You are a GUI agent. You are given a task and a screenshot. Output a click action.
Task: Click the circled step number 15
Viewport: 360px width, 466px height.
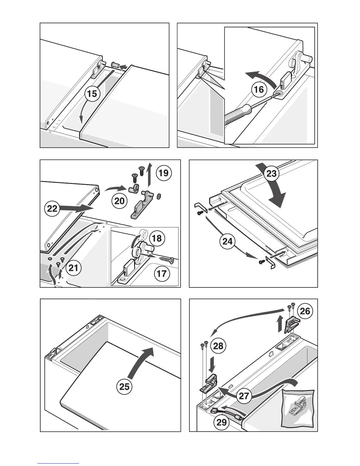tap(92, 94)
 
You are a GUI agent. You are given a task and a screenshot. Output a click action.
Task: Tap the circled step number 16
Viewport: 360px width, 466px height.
tap(259, 89)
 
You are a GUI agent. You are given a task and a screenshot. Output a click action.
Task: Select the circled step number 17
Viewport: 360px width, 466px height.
tap(161, 274)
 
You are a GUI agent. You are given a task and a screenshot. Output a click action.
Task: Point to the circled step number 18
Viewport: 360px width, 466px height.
tap(157, 238)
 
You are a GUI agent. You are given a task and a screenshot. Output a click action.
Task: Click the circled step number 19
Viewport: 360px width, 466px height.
tap(164, 173)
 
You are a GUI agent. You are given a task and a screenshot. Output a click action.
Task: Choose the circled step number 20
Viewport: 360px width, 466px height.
tap(119, 201)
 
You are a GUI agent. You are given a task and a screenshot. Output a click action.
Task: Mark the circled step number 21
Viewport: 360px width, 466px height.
tap(74, 269)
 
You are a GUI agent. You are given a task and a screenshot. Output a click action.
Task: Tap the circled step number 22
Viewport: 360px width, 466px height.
tap(52, 209)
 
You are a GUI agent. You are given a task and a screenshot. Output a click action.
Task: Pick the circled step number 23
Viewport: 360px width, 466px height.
tap(271, 173)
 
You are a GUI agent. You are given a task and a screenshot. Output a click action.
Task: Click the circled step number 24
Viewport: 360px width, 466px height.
tap(227, 242)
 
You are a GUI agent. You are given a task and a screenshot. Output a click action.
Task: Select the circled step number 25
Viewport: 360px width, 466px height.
tap(124, 386)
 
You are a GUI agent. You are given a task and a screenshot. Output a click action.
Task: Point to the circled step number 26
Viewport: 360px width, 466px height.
tap(305, 311)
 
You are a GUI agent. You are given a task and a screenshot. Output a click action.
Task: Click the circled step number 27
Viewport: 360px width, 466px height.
tap(244, 396)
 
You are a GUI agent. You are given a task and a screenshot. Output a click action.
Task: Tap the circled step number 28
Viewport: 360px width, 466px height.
tap(218, 346)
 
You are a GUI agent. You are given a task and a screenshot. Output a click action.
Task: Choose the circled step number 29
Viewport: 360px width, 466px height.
tap(222, 422)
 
